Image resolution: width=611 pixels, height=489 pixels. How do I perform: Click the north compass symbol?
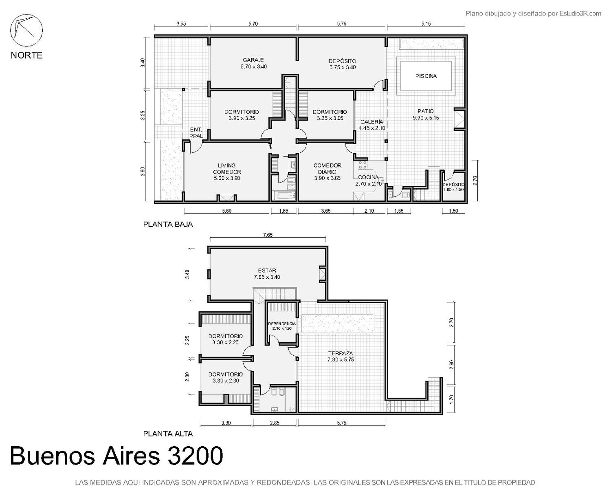click(26, 31)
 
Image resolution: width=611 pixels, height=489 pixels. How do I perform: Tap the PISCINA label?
click(426, 76)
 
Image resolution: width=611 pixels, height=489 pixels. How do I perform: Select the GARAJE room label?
click(253, 60)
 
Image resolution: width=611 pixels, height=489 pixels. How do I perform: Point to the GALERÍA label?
click(371, 122)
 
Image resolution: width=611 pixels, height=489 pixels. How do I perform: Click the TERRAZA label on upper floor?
click(341, 353)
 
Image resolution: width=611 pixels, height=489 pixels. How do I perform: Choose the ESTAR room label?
click(267, 271)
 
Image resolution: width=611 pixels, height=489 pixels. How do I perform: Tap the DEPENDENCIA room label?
click(282, 324)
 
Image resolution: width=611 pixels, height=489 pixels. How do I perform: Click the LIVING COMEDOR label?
click(227, 168)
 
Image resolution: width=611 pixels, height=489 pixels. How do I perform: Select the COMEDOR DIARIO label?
click(327, 168)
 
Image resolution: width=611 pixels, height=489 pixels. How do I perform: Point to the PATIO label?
click(426, 111)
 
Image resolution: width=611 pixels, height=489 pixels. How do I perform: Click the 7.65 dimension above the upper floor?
click(268, 235)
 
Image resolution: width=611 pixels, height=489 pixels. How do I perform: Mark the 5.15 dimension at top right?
click(426, 24)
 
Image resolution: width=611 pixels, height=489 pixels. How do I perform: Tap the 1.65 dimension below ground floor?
click(284, 211)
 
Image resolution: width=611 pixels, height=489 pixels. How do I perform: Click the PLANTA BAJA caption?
click(168, 225)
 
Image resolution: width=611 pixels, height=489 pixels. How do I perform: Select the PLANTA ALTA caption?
click(168, 434)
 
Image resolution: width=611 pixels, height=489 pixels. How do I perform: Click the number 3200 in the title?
click(195, 456)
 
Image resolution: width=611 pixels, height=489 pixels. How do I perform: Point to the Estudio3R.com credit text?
click(580, 13)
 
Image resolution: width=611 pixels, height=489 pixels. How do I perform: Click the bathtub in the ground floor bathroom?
click(284, 196)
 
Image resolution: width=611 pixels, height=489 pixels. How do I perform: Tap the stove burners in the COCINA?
click(362, 165)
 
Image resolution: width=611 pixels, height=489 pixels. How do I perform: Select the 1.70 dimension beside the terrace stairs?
click(452, 399)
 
